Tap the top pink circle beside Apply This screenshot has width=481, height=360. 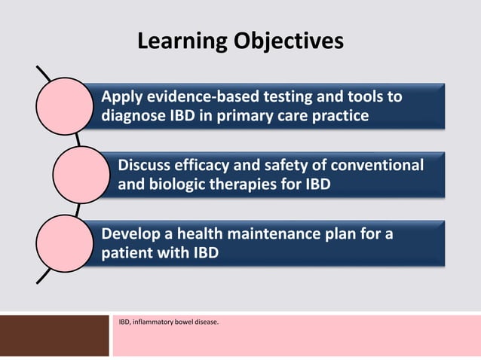[70, 107]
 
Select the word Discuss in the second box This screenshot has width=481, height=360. [146, 165]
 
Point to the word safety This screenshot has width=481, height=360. [289, 165]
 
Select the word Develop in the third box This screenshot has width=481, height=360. [127, 233]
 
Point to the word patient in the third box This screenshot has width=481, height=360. [125, 252]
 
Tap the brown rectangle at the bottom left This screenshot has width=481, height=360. [54, 335]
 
